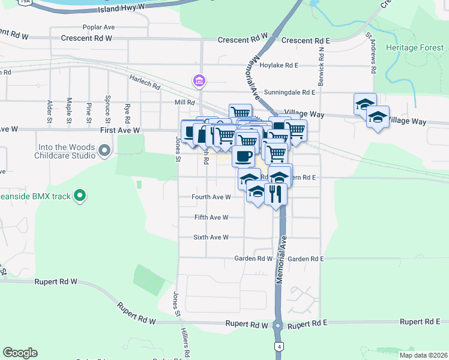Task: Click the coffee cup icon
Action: pos(243,156)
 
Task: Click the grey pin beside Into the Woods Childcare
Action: pos(105,150)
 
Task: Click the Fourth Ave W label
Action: pos(211,197)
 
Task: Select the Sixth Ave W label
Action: pos(211,237)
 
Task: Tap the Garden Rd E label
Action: pos(306,259)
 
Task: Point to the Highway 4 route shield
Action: pos(280,347)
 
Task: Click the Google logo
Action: pos(20,353)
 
